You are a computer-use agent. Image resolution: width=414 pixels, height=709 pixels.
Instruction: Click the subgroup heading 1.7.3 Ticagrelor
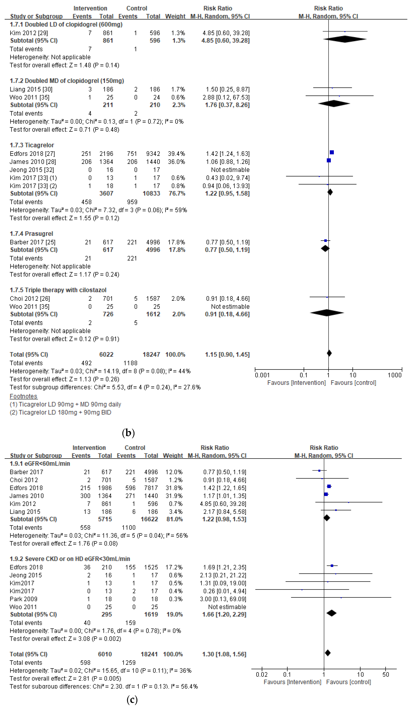point(32,145)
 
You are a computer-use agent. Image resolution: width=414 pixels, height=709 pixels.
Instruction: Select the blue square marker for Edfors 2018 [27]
point(332,152)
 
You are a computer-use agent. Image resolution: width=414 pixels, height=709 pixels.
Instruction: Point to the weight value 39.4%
point(176,154)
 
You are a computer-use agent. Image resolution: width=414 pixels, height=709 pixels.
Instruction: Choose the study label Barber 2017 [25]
point(32,242)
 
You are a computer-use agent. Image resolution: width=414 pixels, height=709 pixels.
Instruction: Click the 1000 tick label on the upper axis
point(395,375)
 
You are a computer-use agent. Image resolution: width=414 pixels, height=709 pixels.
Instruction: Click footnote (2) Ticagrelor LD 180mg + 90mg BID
point(60,412)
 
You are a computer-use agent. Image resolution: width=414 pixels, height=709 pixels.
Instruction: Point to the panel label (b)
point(128,432)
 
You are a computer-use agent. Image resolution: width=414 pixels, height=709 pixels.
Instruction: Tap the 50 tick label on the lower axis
point(386,674)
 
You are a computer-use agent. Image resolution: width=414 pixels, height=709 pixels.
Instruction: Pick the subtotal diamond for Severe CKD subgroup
point(332,613)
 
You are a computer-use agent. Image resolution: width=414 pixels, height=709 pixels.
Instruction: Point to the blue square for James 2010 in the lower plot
point(326,494)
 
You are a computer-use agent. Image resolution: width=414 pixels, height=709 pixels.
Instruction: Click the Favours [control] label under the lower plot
point(348,682)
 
